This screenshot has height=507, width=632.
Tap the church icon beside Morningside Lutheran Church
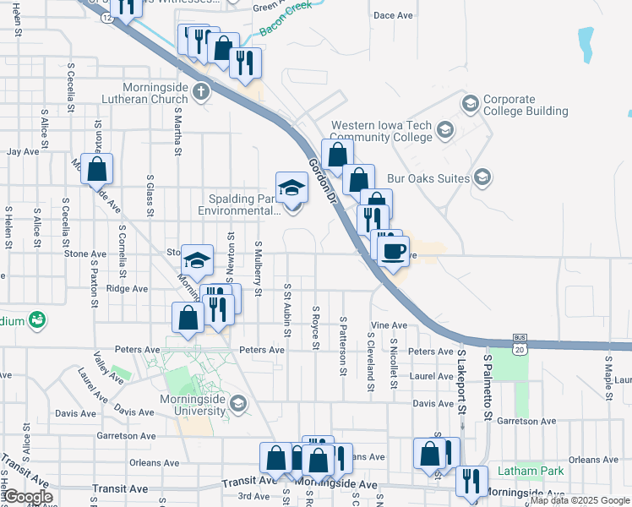click(200, 91)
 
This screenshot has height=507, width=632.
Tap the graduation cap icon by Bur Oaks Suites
click(482, 177)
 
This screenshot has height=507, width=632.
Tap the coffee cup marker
click(393, 251)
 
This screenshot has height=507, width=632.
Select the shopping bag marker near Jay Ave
click(97, 170)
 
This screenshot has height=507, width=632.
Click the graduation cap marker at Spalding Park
click(292, 188)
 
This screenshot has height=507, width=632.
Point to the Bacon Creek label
click(285, 19)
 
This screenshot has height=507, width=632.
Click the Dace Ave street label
click(392, 15)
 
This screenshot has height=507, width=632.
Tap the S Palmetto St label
click(488, 387)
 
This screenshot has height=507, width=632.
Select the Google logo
click(27, 497)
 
